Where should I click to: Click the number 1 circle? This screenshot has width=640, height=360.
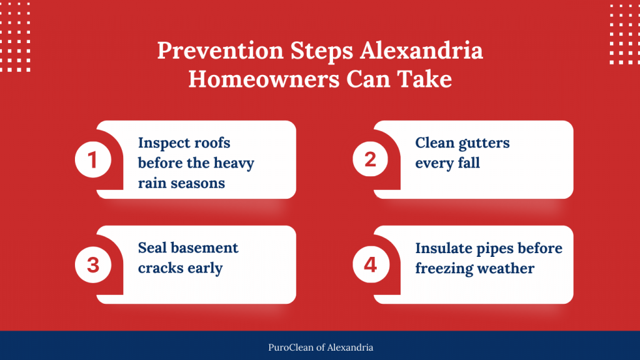click(x=93, y=160)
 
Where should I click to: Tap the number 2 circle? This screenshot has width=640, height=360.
click(x=371, y=160)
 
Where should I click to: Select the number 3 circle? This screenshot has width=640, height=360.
click(x=93, y=264)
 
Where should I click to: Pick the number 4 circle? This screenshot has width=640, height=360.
click(x=371, y=264)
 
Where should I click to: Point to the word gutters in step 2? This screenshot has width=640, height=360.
click(x=484, y=143)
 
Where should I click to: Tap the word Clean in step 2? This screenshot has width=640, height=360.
click(x=434, y=143)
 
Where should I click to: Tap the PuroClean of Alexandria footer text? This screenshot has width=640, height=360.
click(x=319, y=347)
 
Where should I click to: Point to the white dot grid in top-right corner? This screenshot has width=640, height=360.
click(x=624, y=34)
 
